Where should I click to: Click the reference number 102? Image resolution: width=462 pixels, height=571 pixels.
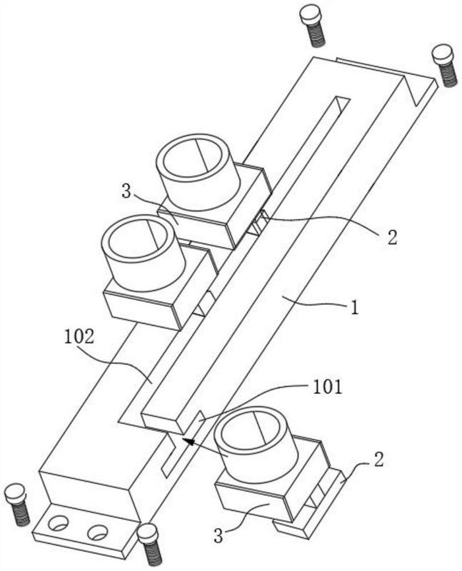pyautogui.click(x=79, y=337)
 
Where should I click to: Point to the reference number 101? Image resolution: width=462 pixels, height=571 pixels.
pyautogui.click(x=328, y=387)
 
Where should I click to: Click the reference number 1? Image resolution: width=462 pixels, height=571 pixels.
pyautogui.click(x=353, y=307)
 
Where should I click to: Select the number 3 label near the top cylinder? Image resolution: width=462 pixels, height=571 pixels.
pyautogui.click(x=126, y=191)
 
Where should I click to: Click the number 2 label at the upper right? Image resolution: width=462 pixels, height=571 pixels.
pyautogui.click(x=392, y=238)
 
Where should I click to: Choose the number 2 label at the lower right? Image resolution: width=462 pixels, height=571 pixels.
pyautogui.click(x=378, y=460)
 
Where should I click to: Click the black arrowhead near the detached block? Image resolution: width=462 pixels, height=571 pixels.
pyautogui.click(x=189, y=442)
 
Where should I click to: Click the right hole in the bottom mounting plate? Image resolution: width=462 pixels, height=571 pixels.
pyautogui.click(x=97, y=533)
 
